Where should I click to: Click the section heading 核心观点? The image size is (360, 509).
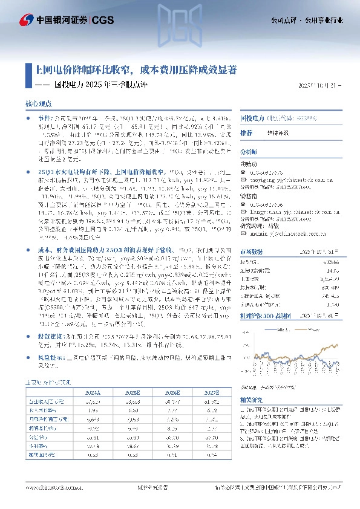(38, 104)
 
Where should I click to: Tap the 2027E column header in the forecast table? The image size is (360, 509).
(211, 391)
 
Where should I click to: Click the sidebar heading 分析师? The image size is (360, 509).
(249, 151)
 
